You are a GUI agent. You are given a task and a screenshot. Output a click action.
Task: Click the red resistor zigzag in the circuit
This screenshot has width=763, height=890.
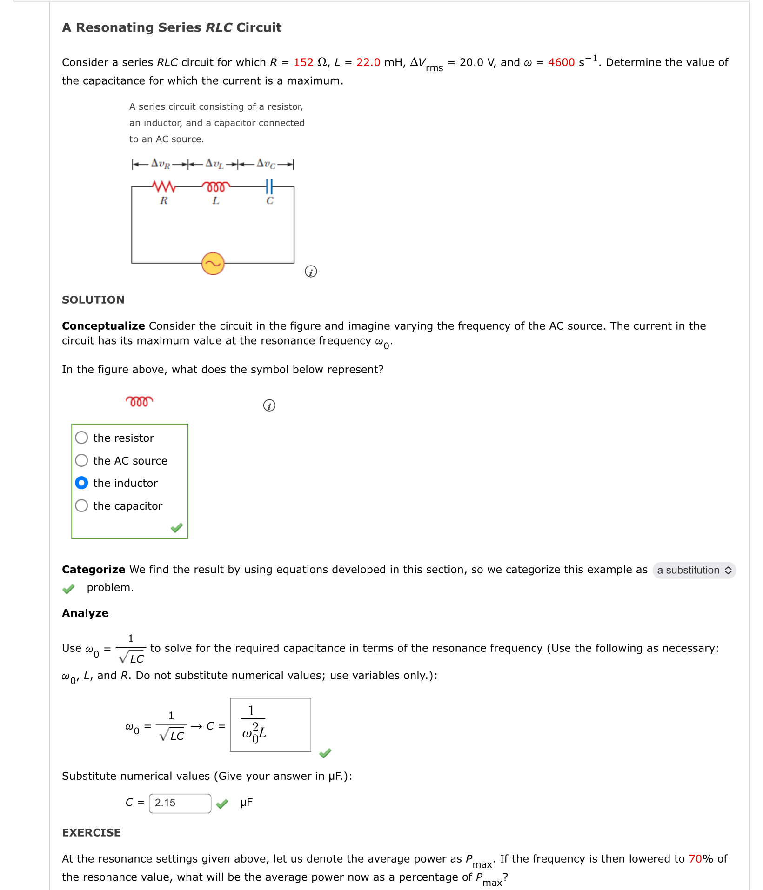click(164, 186)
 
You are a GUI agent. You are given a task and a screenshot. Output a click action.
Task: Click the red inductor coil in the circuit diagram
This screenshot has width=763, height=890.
click(215, 186)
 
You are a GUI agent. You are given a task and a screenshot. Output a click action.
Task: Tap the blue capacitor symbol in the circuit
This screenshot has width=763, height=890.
click(269, 186)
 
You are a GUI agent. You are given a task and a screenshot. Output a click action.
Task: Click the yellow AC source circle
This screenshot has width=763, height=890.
click(213, 264)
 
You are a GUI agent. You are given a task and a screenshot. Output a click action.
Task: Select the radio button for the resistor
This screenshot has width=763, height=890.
click(81, 438)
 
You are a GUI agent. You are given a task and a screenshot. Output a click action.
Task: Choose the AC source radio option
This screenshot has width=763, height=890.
click(81, 460)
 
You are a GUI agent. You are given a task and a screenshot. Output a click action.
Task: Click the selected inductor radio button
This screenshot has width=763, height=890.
click(81, 483)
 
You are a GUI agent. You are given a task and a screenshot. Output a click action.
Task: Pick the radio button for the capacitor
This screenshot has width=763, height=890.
click(81, 505)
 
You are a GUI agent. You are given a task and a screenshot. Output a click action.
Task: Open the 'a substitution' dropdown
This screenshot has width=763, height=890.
click(694, 570)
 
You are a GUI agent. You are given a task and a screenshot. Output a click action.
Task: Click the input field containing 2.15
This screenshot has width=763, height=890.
click(180, 803)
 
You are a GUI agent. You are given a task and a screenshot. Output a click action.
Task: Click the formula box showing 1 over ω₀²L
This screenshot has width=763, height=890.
click(270, 724)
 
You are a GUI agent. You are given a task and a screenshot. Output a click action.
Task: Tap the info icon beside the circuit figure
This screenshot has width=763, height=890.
click(311, 272)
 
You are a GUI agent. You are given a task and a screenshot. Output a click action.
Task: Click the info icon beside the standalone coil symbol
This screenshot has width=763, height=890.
click(269, 405)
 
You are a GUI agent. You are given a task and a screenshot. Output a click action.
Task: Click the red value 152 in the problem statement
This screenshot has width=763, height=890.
click(303, 62)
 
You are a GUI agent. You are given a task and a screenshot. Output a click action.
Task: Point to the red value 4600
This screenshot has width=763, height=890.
click(561, 62)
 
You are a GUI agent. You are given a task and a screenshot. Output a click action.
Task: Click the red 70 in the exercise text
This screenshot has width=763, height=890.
click(695, 858)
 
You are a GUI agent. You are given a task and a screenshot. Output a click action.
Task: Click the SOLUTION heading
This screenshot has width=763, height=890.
click(93, 300)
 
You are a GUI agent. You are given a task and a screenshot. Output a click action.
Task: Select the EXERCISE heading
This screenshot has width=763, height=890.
click(91, 832)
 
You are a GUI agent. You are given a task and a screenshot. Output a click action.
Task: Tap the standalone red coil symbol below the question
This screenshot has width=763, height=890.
click(139, 401)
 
